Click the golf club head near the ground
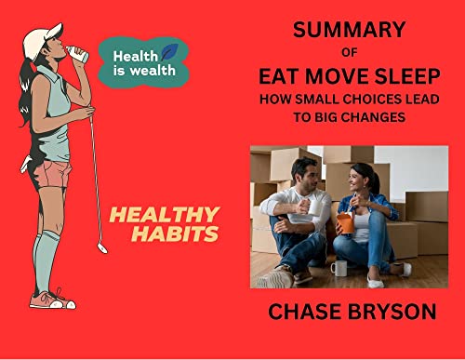tap(102, 248)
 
